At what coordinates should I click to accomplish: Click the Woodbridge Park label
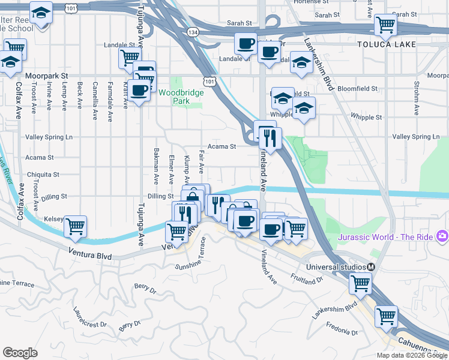click(x=181, y=97)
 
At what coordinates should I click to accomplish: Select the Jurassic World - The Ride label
click(x=385, y=237)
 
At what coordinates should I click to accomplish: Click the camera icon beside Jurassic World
click(x=443, y=236)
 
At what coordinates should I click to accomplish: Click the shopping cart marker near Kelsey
click(x=76, y=226)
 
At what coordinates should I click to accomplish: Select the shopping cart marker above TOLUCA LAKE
click(x=385, y=25)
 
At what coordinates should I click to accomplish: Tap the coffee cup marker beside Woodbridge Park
click(x=139, y=90)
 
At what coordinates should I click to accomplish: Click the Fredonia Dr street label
click(x=342, y=329)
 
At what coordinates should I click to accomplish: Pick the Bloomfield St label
click(x=357, y=88)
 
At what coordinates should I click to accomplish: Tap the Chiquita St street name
click(x=43, y=175)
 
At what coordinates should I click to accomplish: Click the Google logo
click(x=20, y=353)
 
